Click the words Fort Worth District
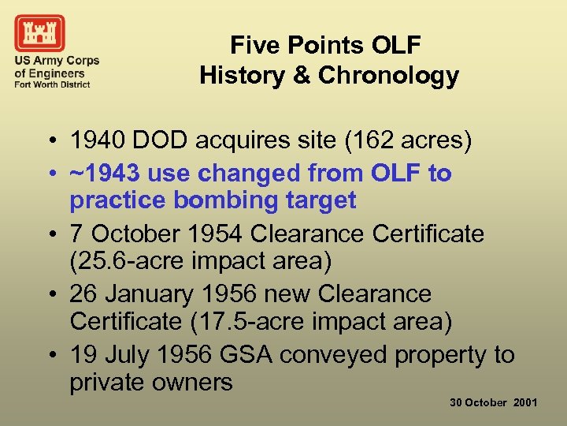(52, 84)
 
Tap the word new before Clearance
(288, 294)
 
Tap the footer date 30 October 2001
(494, 402)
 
